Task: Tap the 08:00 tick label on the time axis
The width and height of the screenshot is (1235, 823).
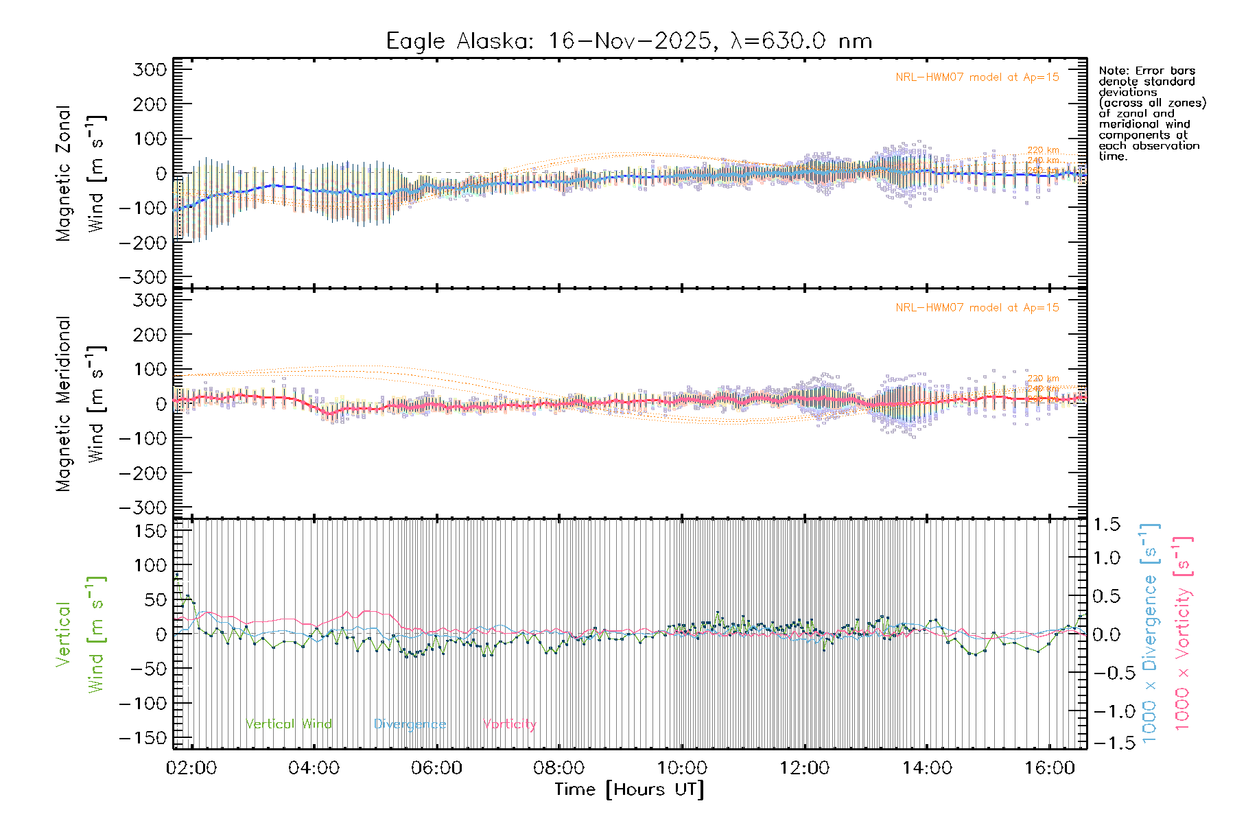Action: pos(559,768)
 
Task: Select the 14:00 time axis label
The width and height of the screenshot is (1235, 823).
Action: pos(927,768)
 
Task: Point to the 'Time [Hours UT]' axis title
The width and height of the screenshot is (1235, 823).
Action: pos(629,790)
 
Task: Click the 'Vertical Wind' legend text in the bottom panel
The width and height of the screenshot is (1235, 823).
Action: pos(289,724)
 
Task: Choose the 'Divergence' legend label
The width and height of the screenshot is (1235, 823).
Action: pos(410,724)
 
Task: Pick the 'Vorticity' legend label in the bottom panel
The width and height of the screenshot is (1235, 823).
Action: pos(509,724)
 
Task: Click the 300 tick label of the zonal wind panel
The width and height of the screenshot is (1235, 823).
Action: pos(150,69)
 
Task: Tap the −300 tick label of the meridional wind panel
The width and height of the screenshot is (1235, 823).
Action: pos(143,508)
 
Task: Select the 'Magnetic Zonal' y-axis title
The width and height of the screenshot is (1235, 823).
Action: pos(64,174)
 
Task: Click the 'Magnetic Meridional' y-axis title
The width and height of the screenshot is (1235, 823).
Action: pos(64,404)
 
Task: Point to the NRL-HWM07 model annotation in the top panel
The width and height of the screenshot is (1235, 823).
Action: pos(977,77)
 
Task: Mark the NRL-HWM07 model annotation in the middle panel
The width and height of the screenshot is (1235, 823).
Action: pos(977,308)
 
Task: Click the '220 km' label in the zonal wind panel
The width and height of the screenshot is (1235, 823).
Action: pos(1043,150)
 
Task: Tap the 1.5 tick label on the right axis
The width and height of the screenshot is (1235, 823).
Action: pos(1107,525)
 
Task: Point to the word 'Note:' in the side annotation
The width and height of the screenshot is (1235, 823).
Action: pos(1112,71)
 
